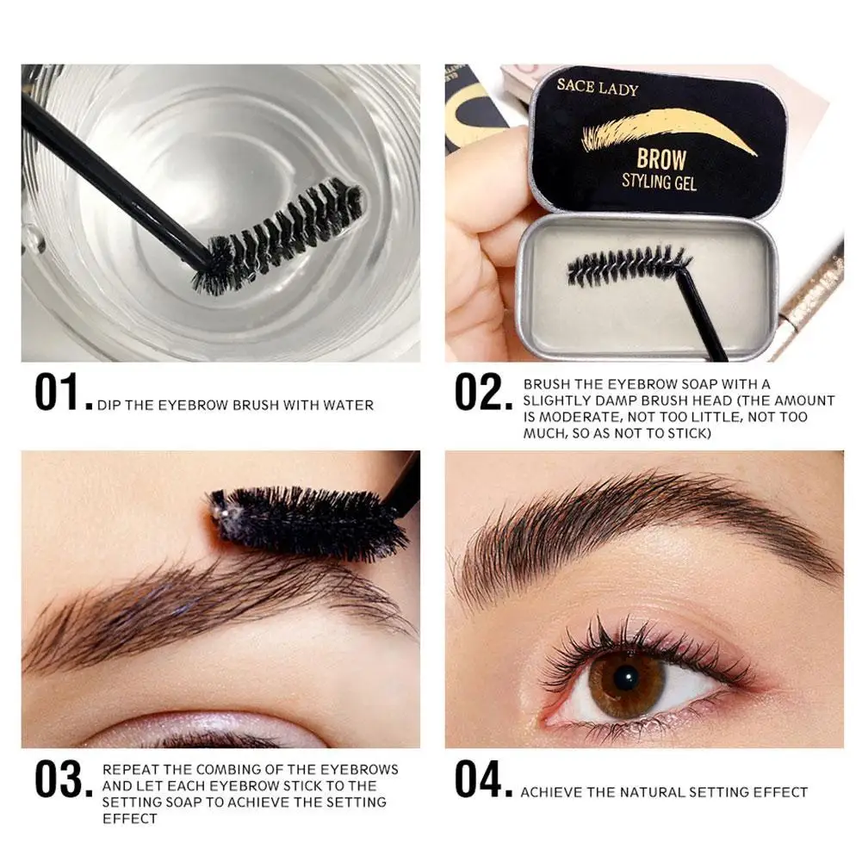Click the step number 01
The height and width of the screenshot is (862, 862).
[60, 393]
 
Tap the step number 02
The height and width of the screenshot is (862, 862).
[482, 393]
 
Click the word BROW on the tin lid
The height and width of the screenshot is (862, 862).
[660, 159]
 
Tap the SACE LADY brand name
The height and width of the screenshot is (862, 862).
[598, 88]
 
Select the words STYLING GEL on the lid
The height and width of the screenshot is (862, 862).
[659, 182]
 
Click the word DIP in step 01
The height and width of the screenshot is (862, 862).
[109, 405]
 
